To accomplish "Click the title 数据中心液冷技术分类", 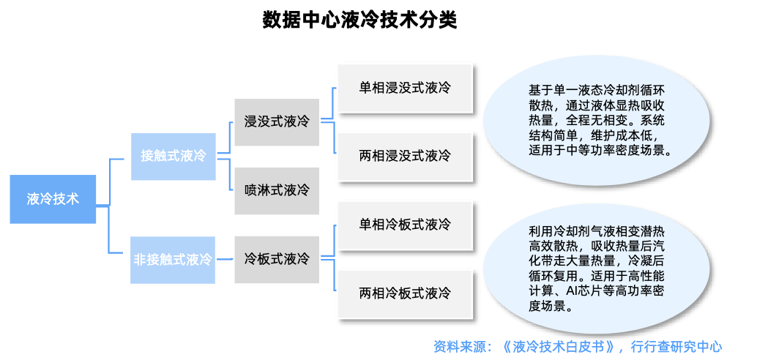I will [x=359, y=20].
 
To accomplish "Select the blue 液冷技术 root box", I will [x=53, y=199].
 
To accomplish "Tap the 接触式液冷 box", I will [x=173, y=156].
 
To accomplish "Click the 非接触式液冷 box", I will [x=173, y=260].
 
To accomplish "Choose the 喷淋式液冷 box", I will [x=277, y=190].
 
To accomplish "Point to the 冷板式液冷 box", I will [x=277, y=260].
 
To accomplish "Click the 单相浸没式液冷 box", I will [x=405, y=88].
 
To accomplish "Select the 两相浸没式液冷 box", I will [x=405, y=156].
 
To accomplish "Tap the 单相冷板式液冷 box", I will [x=405, y=224].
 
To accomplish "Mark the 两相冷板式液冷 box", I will [x=405, y=293].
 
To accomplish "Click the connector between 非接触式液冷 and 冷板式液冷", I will [x=225, y=260].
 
